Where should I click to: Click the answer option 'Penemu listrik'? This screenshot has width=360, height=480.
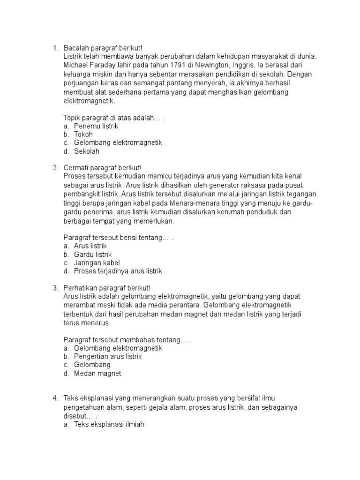click(96, 126)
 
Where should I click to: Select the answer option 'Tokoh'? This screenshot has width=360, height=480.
click(83, 135)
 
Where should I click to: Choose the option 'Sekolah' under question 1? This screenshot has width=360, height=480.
click(87, 151)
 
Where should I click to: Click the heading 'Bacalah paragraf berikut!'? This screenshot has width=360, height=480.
click(102, 48)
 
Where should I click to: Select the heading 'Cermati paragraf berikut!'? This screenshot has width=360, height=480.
click(102, 168)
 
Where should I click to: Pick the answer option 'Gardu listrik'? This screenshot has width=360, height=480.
click(93, 255)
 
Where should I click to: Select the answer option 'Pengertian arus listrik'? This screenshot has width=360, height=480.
click(108, 357)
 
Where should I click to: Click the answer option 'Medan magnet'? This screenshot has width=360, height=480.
click(97, 374)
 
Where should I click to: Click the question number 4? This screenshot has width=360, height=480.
click(55, 398)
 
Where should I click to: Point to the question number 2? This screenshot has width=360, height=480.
click(55, 168)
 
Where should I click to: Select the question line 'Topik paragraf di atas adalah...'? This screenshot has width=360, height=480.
click(112, 117)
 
